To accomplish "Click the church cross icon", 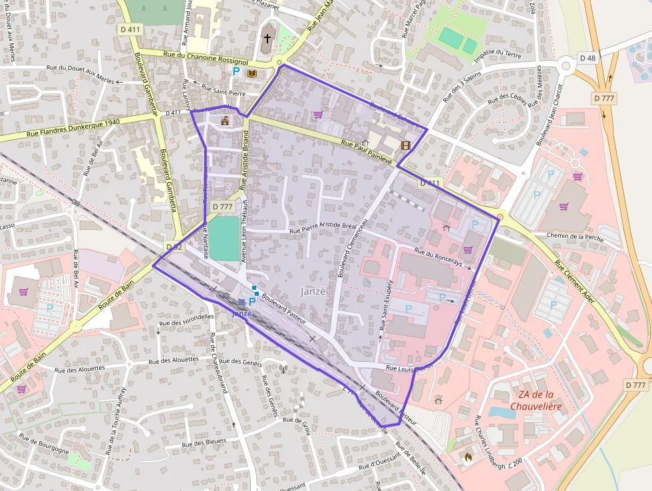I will tap(267, 39).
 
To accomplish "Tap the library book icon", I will tap(252, 73).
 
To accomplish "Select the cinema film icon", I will tap(405, 145).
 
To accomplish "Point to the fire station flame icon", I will tap(467, 458).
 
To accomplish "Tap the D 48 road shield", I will tap(587, 58).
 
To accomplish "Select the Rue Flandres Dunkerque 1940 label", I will tap(73, 127).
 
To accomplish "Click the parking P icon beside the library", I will tap(236, 71).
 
